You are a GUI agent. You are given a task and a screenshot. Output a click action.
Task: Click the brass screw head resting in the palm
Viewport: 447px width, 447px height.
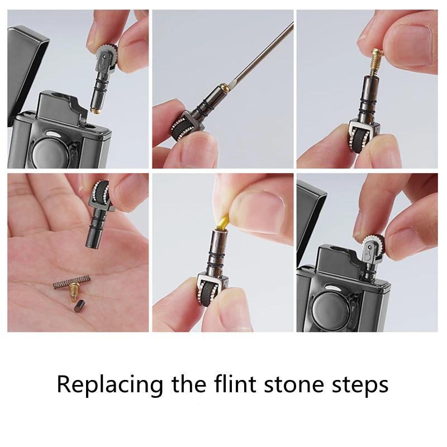tap(72, 291)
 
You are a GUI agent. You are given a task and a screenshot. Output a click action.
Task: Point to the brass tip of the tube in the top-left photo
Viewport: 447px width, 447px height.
tap(96, 110)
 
